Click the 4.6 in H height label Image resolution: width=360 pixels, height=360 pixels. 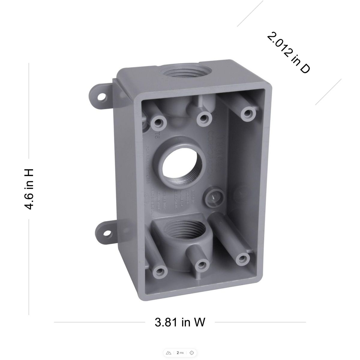coord(29,189)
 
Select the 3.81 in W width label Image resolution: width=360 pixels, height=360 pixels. coord(180,322)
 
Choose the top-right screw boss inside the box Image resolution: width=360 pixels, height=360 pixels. coord(247,112)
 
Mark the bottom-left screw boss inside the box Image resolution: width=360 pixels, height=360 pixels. coord(161,272)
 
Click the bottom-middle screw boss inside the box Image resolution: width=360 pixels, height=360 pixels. coord(202,264)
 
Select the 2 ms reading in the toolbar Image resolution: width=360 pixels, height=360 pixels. coord(180,352)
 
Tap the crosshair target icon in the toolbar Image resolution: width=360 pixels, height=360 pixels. coord(191,352)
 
